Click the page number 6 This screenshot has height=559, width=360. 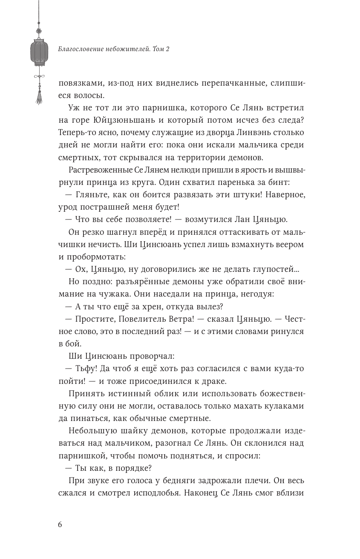coord(60,524)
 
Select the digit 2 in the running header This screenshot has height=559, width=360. coord(167,49)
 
